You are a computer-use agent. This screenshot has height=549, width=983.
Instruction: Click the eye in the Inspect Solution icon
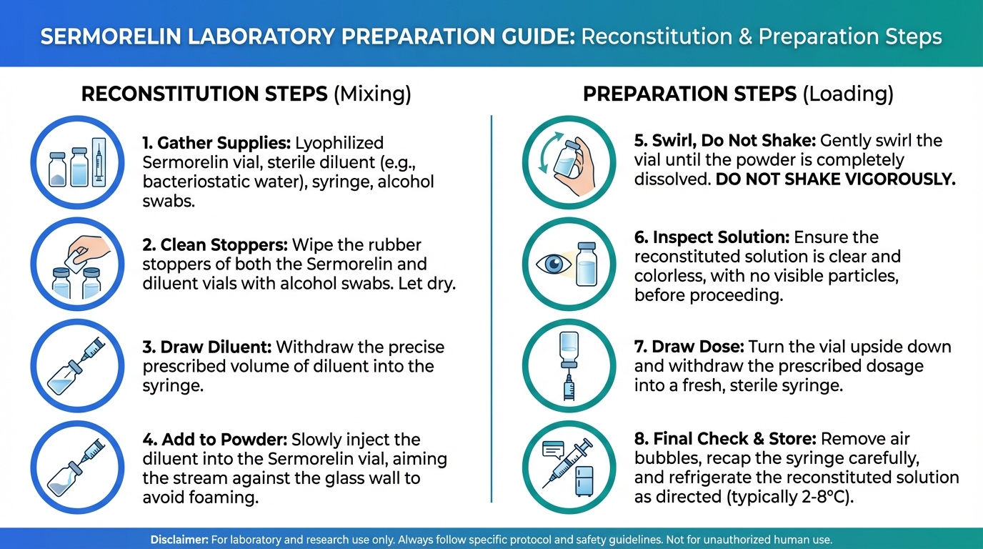[554, 264]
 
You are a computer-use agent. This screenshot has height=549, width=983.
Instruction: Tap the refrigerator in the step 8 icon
[584, 481]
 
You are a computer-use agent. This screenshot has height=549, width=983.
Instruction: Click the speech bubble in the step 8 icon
[553, 450]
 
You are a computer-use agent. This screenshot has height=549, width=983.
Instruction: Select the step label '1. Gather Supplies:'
[216, 143]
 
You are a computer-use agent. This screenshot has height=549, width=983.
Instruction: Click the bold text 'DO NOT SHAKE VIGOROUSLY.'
[836, 179]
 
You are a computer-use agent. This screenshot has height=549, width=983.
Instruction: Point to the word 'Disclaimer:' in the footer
[179, 539]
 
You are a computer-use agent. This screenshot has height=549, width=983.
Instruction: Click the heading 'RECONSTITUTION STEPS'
[204, 94]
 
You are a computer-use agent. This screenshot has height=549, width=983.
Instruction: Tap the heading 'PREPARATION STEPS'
[690, 94]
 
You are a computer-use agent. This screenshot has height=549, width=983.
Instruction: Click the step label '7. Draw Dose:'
[689, 347]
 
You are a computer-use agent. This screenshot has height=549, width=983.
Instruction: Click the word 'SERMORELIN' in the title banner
[111, 36]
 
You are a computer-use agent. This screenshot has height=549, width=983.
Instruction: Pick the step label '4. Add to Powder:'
[215, 439]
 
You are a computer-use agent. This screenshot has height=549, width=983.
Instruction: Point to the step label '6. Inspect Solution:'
[712, 237]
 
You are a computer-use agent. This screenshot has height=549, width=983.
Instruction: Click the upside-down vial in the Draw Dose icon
[569, 349]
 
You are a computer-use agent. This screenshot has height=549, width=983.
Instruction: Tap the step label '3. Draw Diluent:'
[207, 347]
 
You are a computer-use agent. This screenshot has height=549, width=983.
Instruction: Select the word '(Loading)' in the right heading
[848, 94]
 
